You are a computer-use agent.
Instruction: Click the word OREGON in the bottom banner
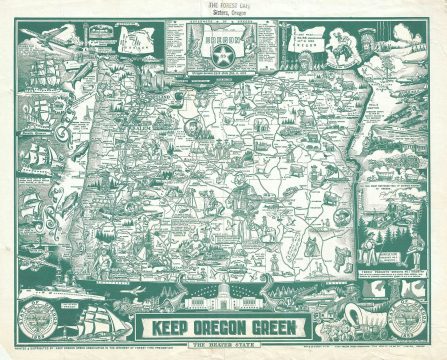(x=221, y=325)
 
